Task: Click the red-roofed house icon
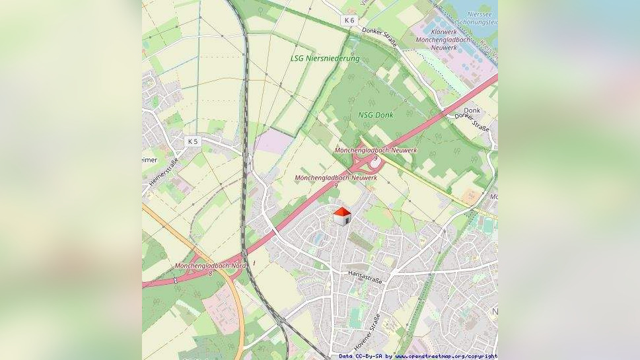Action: pos(341,216)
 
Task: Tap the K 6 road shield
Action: pos(349,20)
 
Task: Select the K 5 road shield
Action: pos(192,141)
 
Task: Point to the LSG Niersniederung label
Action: pos(325,58)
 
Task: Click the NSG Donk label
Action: pos(375,115)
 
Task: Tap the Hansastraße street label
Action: pos(365,277)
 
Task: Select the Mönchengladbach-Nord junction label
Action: pos(210,266)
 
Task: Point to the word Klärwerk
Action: pos(443,32)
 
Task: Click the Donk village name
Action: pos(472,110)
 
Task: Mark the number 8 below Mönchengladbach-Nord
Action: pos(210,273)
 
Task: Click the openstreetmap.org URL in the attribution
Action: pos(446,356)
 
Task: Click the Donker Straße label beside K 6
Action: pos(380,38)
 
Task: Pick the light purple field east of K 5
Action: pos(273,141)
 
